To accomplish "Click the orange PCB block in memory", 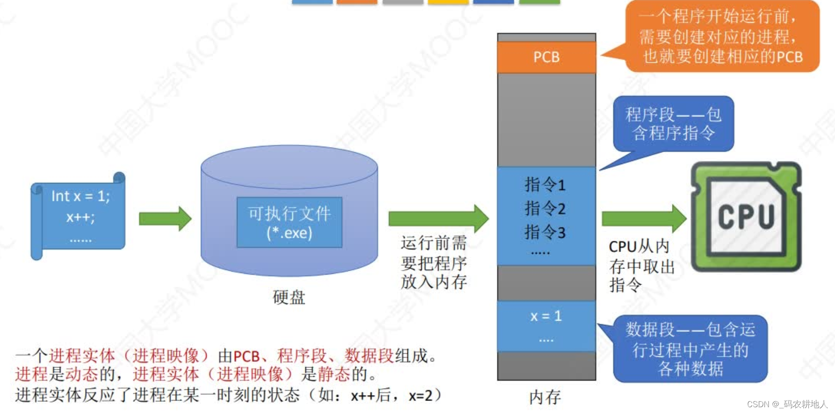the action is pyautogui.click(x=546, y=57).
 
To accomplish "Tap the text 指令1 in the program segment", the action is pyautogui.click(x=545, y=184).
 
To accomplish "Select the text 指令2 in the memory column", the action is pyautogui.click(x=545, y=208).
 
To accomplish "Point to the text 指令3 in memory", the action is pyautogui.click(x=545, y=232).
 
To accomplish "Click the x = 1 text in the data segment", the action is pyautogui.click(x=546, y=316).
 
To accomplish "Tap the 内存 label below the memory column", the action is pyautogui.click(x=545, y=397).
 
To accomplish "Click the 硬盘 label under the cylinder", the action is pyautogui.click(x=289, y=297).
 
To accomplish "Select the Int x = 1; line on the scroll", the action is pyautogui.click(x=80, y=196).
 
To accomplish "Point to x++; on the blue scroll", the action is pyautogui.click(x=80, y=217).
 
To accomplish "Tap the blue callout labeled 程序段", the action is pyautogui.click(x=673, y=124).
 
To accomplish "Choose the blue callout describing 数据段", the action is pyautogui.click(x=690, y=349).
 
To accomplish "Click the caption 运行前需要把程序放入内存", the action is pyautogui.click(x=433, y=262).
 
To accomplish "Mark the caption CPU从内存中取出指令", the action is pyautogui.click(x=641, y=266).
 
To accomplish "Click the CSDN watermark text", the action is pyautogui.click(x=787, y=404).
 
